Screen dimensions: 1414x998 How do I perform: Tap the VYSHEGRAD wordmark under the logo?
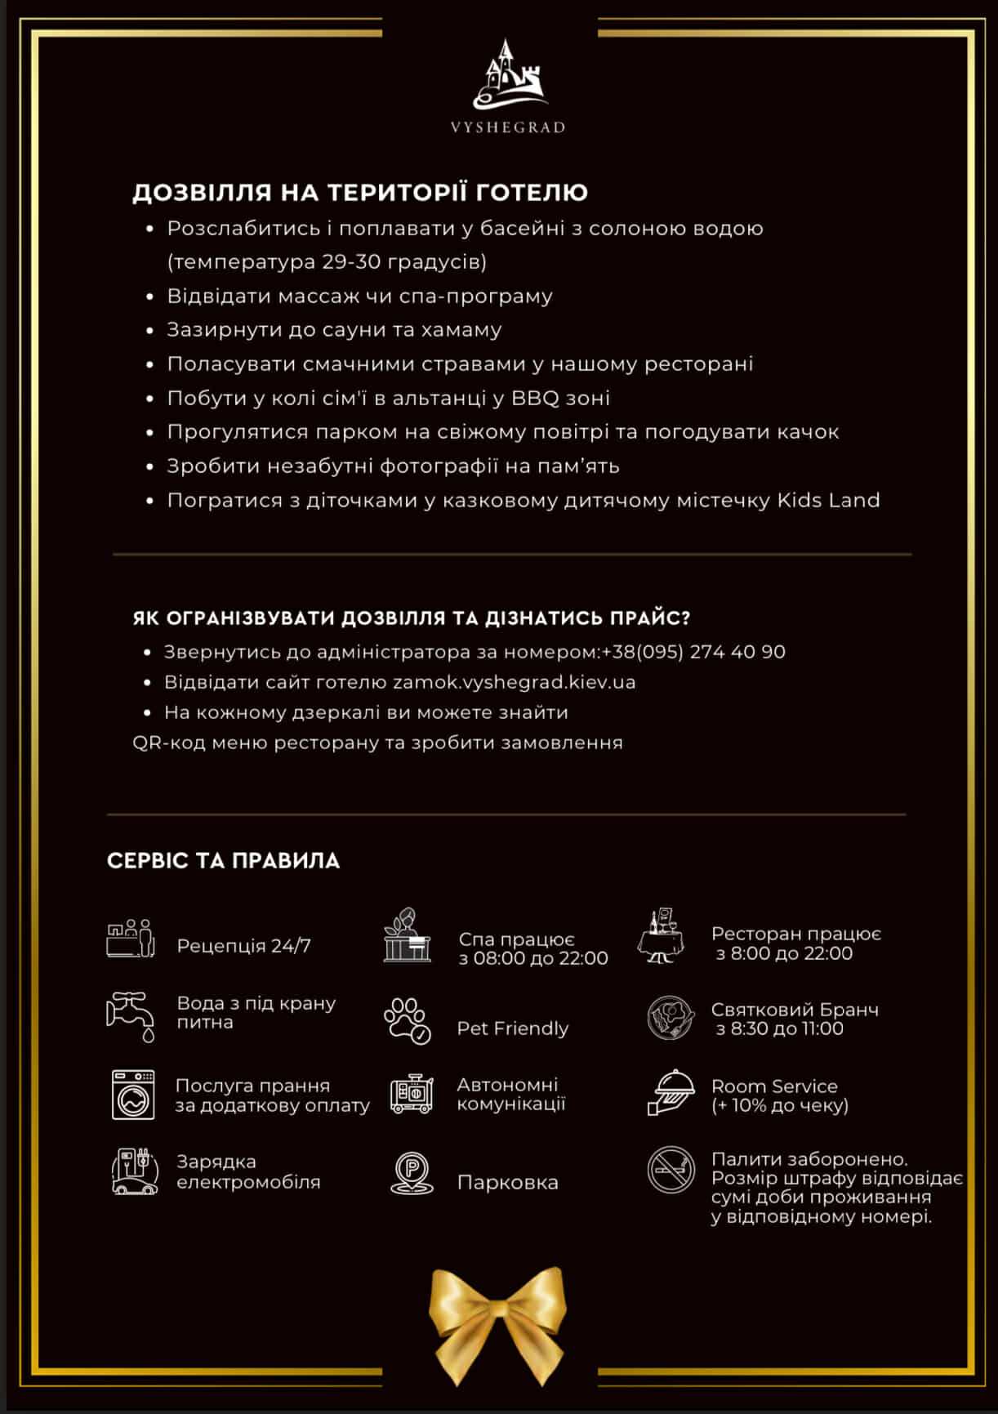508,127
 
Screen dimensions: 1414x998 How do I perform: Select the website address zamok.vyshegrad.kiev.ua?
514,682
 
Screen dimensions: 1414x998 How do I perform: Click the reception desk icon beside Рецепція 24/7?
131,939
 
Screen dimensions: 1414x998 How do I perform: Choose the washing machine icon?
133,1095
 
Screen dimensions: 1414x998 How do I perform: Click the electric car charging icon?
134,1171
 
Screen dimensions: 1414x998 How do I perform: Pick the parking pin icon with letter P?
412,1174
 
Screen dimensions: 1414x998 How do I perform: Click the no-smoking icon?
671,1170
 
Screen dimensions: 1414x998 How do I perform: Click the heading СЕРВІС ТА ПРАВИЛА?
223,861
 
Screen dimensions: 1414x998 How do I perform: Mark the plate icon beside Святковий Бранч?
671,1018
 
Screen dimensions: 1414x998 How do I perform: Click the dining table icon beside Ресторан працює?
662,936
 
